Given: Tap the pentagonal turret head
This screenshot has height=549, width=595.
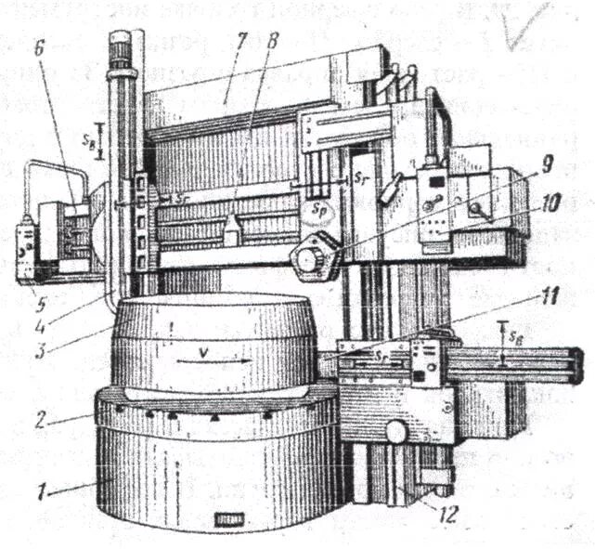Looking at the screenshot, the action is click(x=307, y=255).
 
